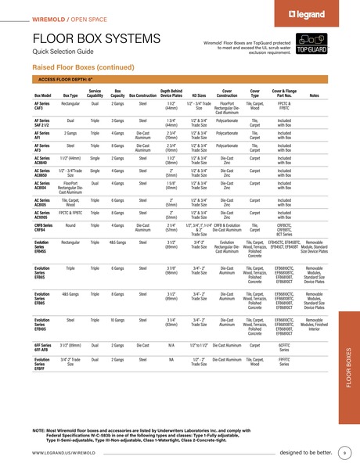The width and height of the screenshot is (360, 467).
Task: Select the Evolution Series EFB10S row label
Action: click(42, 324)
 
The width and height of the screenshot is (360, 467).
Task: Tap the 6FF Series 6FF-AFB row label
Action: click(42, 346)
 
